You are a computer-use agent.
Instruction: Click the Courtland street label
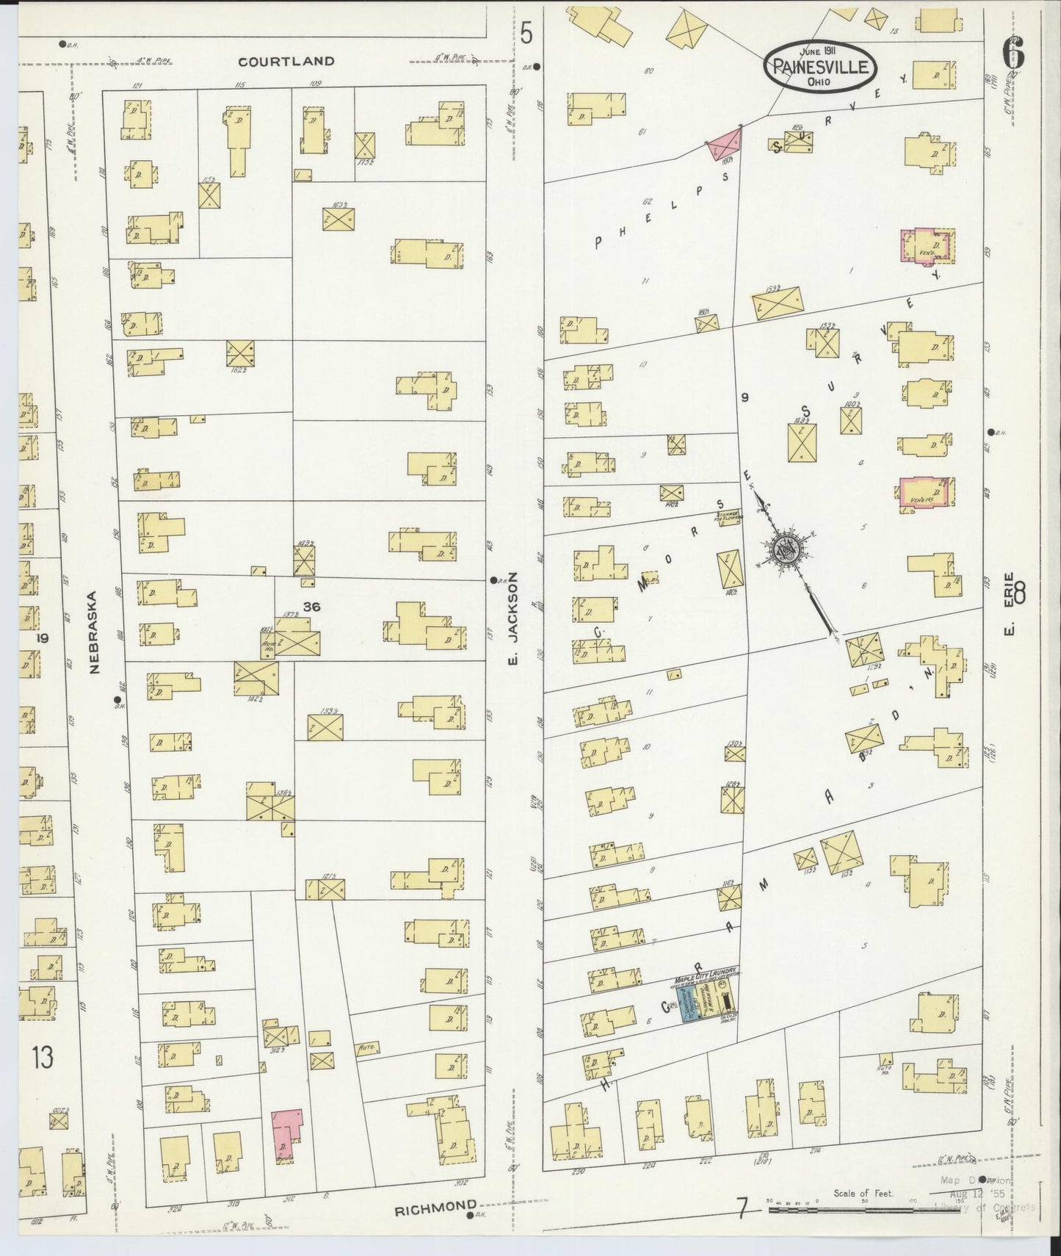[286, 62]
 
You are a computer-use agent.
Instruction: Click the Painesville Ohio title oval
[819, 66]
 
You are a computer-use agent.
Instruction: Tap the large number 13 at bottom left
[43, 1058]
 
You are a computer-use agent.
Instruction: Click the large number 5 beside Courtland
[526, 33]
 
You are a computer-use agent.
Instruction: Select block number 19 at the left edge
[43, 638]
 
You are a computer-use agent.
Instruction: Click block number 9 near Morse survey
[745, 397]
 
